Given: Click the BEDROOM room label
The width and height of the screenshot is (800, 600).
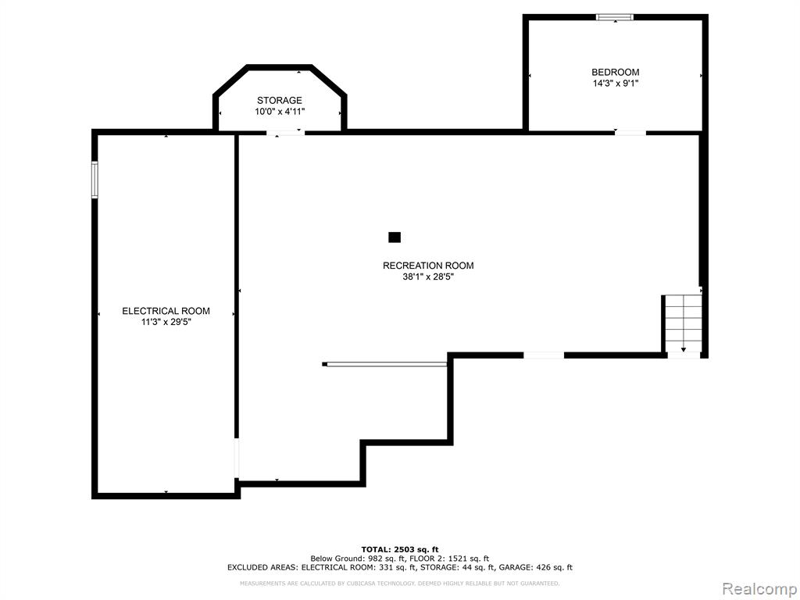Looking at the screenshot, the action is (x=615, y=73).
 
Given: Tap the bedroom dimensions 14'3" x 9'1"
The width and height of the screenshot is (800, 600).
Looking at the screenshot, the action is (x=615, y=84).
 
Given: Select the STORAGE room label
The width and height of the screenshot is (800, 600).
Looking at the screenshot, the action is (x=279, y=101).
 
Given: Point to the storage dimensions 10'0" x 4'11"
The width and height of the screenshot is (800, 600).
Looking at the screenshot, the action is (x=280, y=112).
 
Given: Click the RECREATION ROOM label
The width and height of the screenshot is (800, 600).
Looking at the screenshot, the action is (x=428, y=266).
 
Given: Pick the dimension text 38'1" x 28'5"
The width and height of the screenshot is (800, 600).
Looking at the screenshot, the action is (x=428, y=277).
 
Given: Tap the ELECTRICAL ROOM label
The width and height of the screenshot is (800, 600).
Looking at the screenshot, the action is (x=166, y=311).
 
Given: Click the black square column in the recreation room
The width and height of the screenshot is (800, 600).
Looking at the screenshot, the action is (x=395, y=237).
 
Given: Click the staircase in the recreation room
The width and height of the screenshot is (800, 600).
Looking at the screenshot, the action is (x=684, y=323).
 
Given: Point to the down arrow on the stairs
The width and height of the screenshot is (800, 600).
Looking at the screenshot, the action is (x=683, y=348).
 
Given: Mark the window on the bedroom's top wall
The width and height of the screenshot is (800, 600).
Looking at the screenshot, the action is (x=615, y=17).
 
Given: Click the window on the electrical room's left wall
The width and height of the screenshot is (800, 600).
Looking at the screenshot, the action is (x=95, y=179).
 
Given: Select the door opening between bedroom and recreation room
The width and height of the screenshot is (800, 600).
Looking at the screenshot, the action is (x=630, y=133).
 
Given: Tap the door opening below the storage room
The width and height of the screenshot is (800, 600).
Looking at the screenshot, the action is (x=286, y=133).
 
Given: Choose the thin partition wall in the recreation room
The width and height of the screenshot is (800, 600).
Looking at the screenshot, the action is (x=385, y=364).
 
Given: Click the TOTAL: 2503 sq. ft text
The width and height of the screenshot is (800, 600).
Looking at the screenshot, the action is (x=400, y=549).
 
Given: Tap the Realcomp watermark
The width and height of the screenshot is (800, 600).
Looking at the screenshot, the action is (x=759, y=589).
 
